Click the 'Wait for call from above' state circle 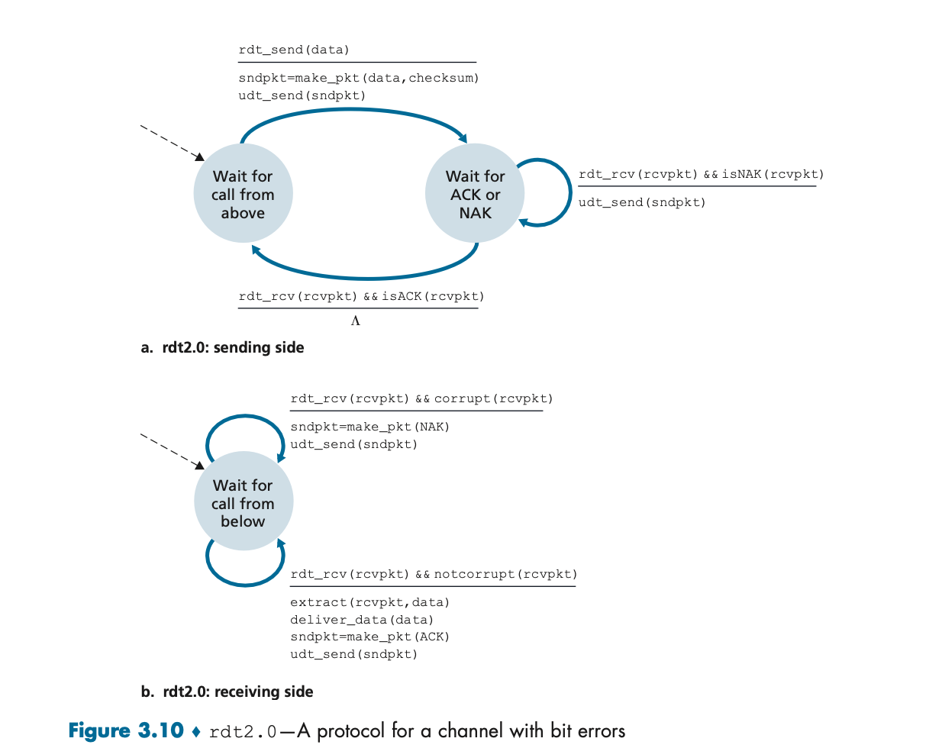coord(243,194)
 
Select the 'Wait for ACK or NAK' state coord(475,194)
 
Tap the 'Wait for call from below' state coord(243,502)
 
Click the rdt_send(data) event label coord(294,50)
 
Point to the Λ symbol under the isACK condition coord(356,321)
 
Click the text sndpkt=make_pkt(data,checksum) coord(359,78)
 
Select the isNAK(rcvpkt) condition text coord(773,174)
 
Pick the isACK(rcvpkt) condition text coord(433,296)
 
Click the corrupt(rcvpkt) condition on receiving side coord(493,398)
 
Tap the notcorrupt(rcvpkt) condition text coord(505,574)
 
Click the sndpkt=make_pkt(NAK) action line coord(369,427)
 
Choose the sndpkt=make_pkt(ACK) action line coord(369,637)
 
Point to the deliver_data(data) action coord(362,620)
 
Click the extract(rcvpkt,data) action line coord(369,602)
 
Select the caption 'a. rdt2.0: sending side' coord(223,348)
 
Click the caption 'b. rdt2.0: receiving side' coord(227,692)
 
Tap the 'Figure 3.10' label coord(126,731)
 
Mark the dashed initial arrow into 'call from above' coord(172,143)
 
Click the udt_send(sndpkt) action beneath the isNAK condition coord(642,202)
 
